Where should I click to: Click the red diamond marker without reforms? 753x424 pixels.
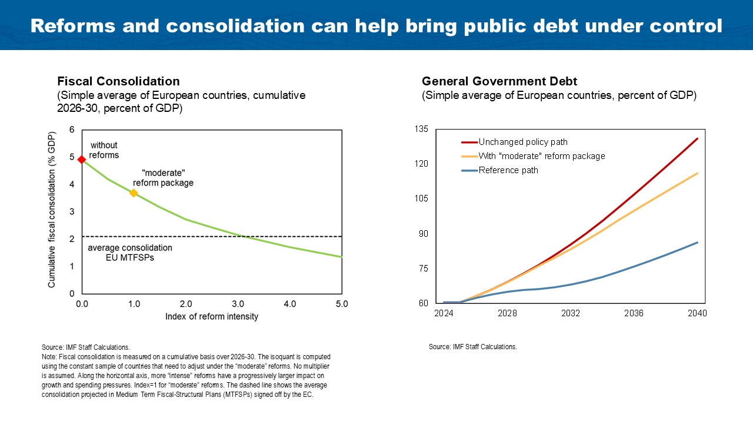click(x=82, y=159)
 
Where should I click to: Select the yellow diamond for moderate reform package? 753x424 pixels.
click(x=134, y=193)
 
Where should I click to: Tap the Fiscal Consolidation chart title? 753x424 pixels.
click(x=118, y=81)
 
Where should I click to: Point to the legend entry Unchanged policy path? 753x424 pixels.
click(x=522, y=142)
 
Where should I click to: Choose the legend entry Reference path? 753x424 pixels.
click(x=508, y=170)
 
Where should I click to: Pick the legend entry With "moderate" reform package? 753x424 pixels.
click(x=541, y=156)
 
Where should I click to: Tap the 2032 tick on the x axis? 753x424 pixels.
click(x=571, y=313)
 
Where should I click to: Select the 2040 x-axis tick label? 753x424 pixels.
click(x=697, y=313)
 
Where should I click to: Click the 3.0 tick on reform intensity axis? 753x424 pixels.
click(x=238, y=304)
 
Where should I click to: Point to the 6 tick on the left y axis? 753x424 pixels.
click(x=72, y=130)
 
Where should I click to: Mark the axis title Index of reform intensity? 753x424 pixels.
click(x=211, y=317)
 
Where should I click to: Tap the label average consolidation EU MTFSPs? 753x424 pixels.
click(x=130, y=253)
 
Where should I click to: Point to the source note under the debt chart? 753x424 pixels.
click(x=473, y=347)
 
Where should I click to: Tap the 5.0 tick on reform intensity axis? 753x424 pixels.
click(x=342, y=304)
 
